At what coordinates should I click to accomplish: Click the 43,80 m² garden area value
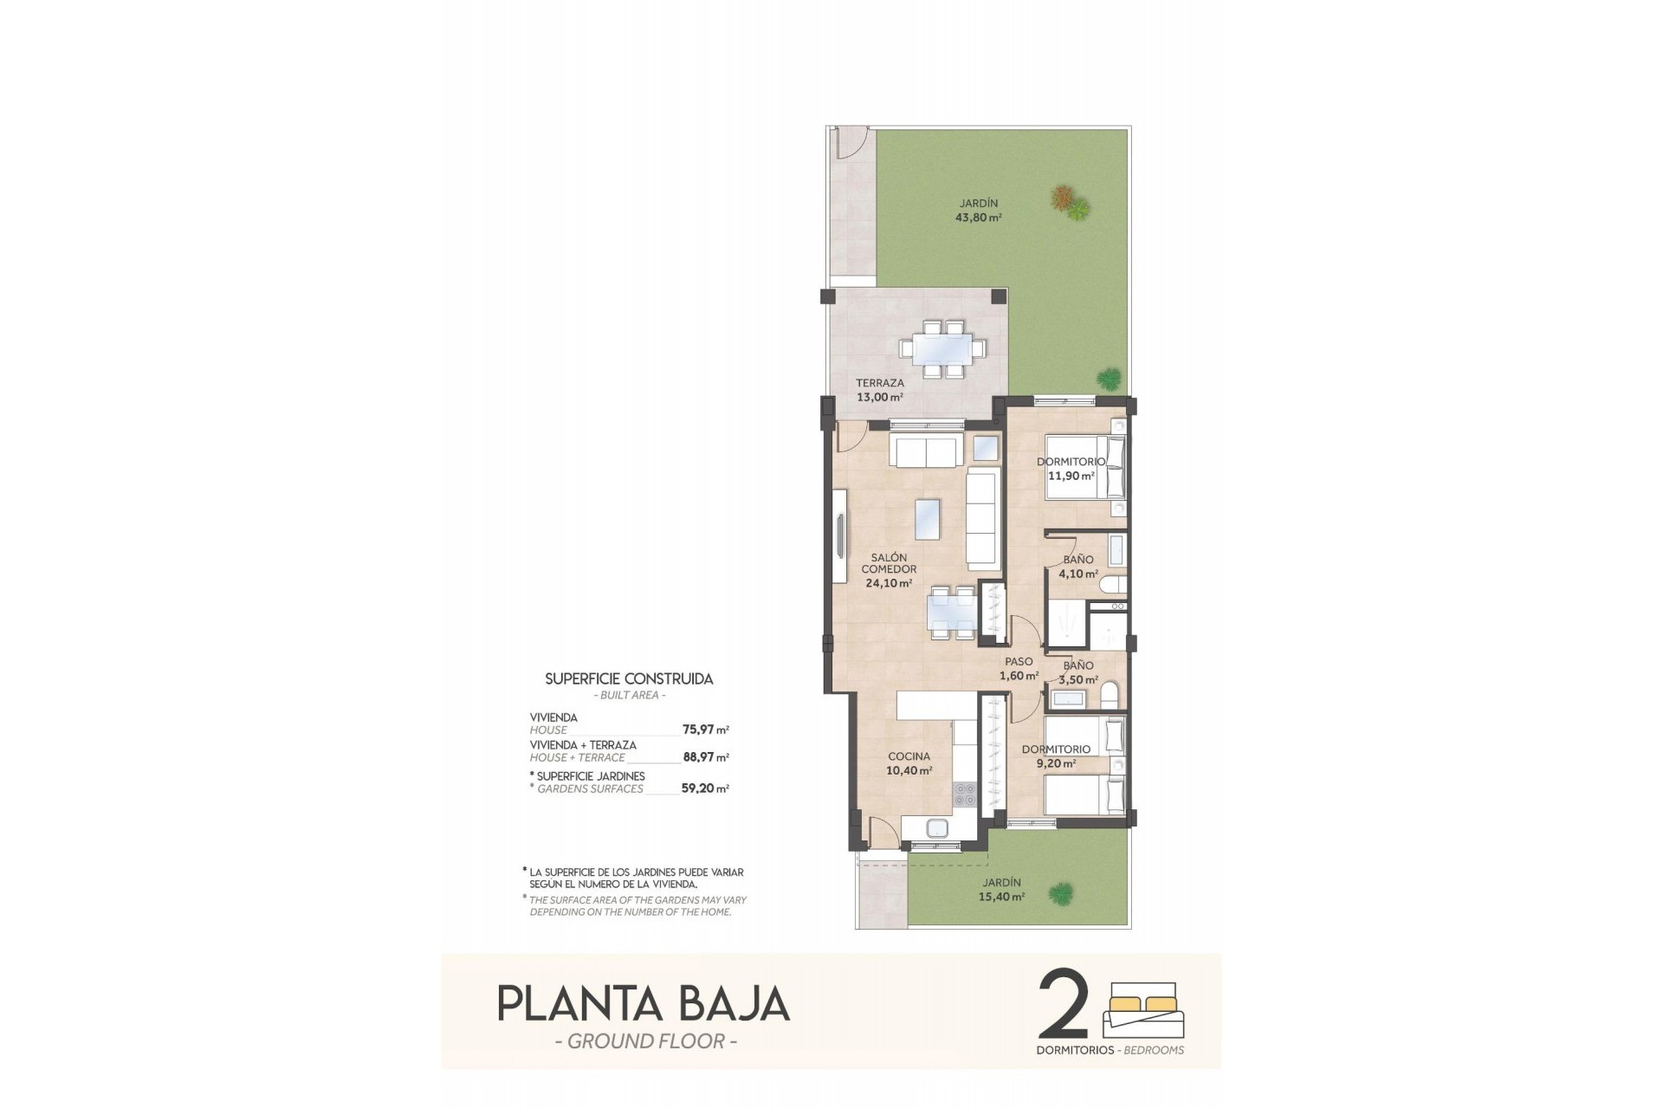click(x=978, y=218)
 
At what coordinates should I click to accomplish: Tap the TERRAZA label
click(x=879, y=383)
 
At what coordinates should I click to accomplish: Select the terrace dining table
click(x=942, y=349)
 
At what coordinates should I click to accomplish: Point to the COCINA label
click(x=909, y=756)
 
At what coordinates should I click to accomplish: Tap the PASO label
click(x=1019, y=662)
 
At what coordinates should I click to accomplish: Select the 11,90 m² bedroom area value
click(x=1071, y=476)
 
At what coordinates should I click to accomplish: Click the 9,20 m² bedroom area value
click(x=1056, y=764)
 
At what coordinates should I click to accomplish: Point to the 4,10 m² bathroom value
click(x=1078, y=574)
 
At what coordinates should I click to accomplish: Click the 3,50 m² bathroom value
click(x=1078, y=680)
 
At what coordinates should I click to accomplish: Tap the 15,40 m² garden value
click(x=1002, y=898)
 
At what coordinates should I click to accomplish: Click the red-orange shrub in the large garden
click(x=1062, y=198)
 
